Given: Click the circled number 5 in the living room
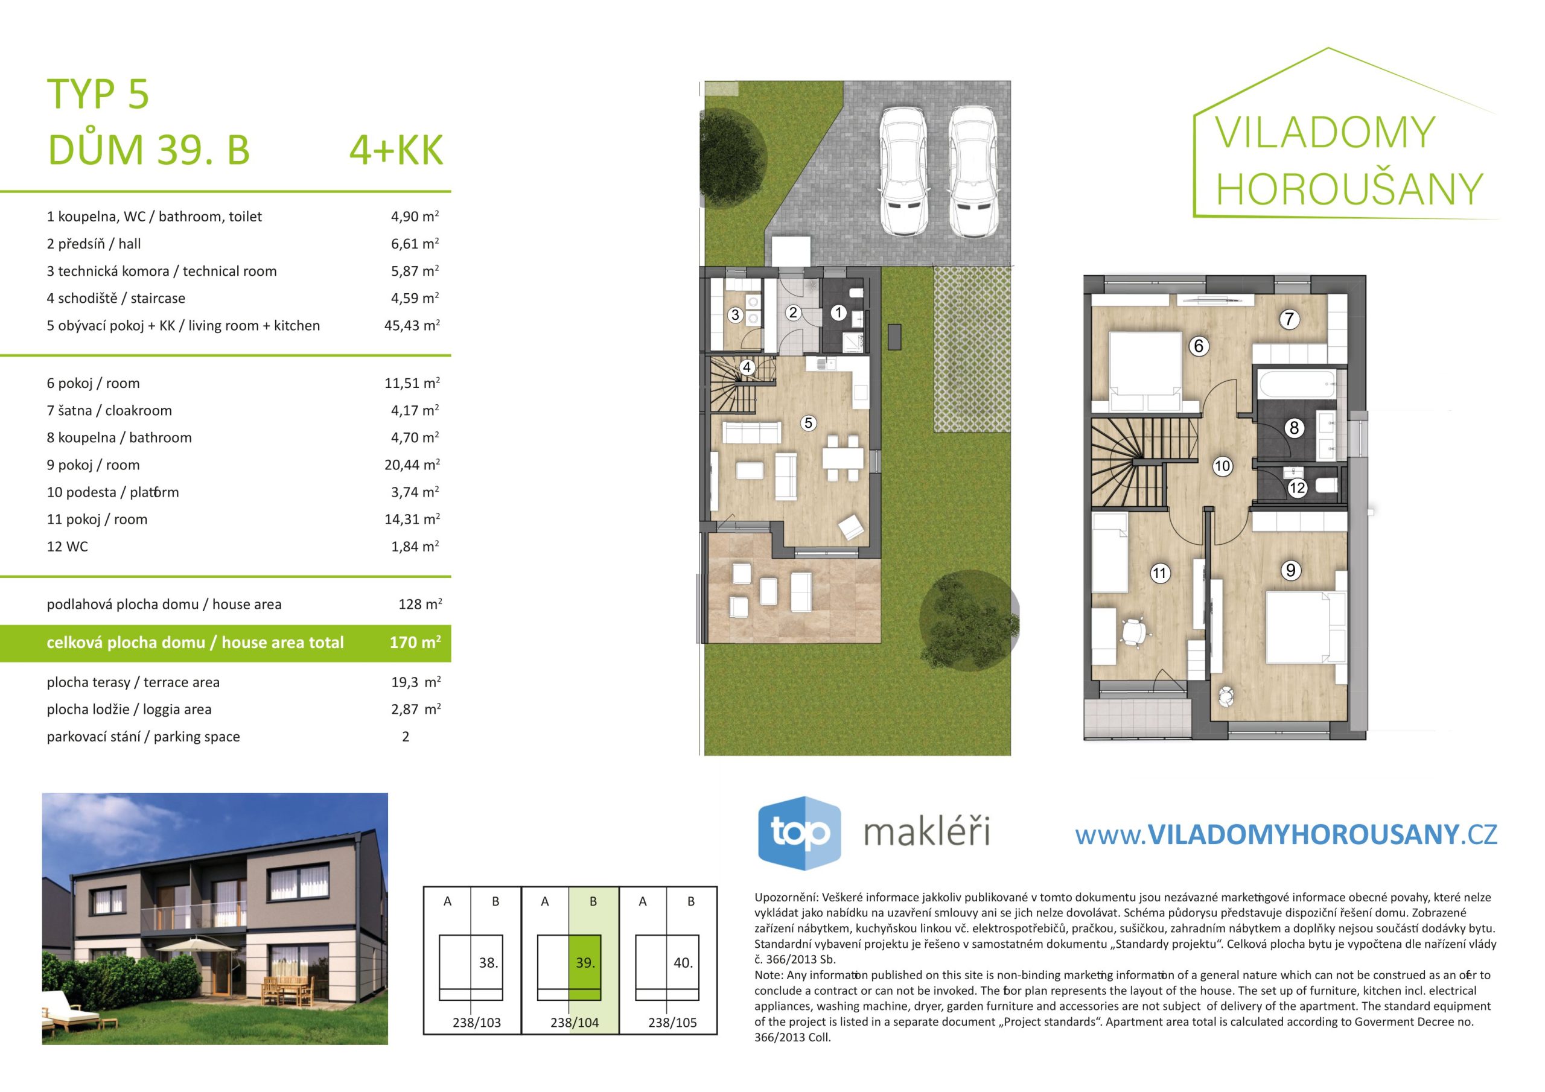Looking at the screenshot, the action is click(x=808, y=423).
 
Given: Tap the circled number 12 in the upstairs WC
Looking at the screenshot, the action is click(x=1297, y=489).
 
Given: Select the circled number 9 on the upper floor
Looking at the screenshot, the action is click(x=1290, y=571).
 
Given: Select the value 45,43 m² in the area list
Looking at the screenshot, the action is click(x=412, y=326).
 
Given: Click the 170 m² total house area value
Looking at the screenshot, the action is click(x=415, y=643).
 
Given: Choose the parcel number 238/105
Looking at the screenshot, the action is click(x=672, y=1023).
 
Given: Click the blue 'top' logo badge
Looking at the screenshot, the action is click(x=800, y=833).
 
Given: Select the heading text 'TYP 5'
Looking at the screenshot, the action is click(x=98, y=94).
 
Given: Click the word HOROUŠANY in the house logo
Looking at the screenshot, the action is click(x=1349, y=189).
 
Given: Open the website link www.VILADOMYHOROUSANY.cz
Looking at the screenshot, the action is click(x=1286, y=834).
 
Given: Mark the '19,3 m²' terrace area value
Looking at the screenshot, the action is click(x=416, y=682).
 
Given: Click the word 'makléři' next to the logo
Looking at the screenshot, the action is click(x=926, y=833).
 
